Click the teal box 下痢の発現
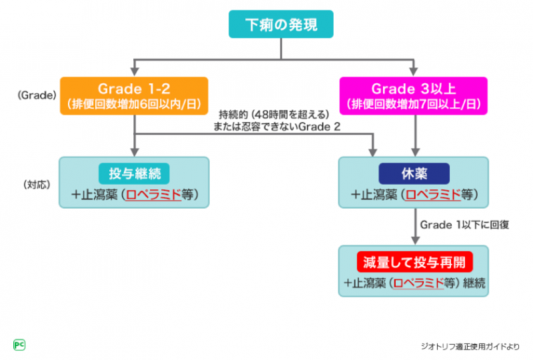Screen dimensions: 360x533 tap(280, 25)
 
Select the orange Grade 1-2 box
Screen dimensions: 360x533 tap(134, 95)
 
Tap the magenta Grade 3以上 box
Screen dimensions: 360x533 tap(413, 95)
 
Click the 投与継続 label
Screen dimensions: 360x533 tap(134, 173)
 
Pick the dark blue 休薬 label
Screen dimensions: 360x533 tap(414, 173)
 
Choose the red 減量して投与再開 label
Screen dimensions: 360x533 tap(414, 259)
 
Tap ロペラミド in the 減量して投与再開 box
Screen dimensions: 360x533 tap(419, 282)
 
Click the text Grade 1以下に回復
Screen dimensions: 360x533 tap(464, 225)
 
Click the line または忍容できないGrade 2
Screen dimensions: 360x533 tap(274, 127)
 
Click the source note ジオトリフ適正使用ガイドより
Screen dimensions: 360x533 tap(470, 346)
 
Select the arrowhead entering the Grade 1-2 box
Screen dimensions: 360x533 tap(135, 73)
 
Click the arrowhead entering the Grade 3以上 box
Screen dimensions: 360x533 tap(414, 73)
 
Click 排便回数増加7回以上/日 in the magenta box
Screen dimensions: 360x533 tap(413, 104)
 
